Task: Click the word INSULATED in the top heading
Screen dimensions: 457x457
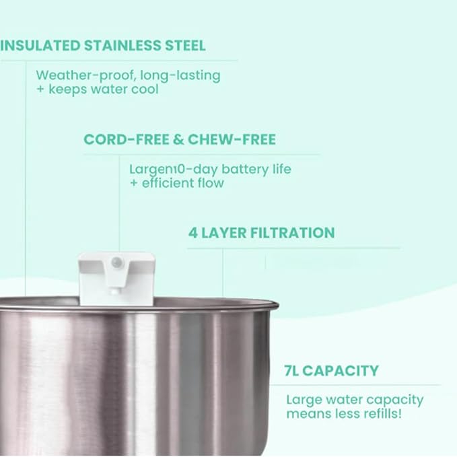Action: click(x=38, y=46)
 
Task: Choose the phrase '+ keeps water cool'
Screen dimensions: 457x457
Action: click(x=97, y=89)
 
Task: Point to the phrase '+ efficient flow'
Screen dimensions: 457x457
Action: click(x=176, y=183)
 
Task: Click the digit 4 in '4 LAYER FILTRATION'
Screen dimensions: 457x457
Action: click(x=192, y=233)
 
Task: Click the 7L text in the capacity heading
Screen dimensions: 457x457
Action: click(x=294, y=370)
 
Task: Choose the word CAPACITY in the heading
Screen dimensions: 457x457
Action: click(x=343, y=370)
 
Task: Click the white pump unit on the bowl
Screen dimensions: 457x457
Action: click(x=116, y=273)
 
